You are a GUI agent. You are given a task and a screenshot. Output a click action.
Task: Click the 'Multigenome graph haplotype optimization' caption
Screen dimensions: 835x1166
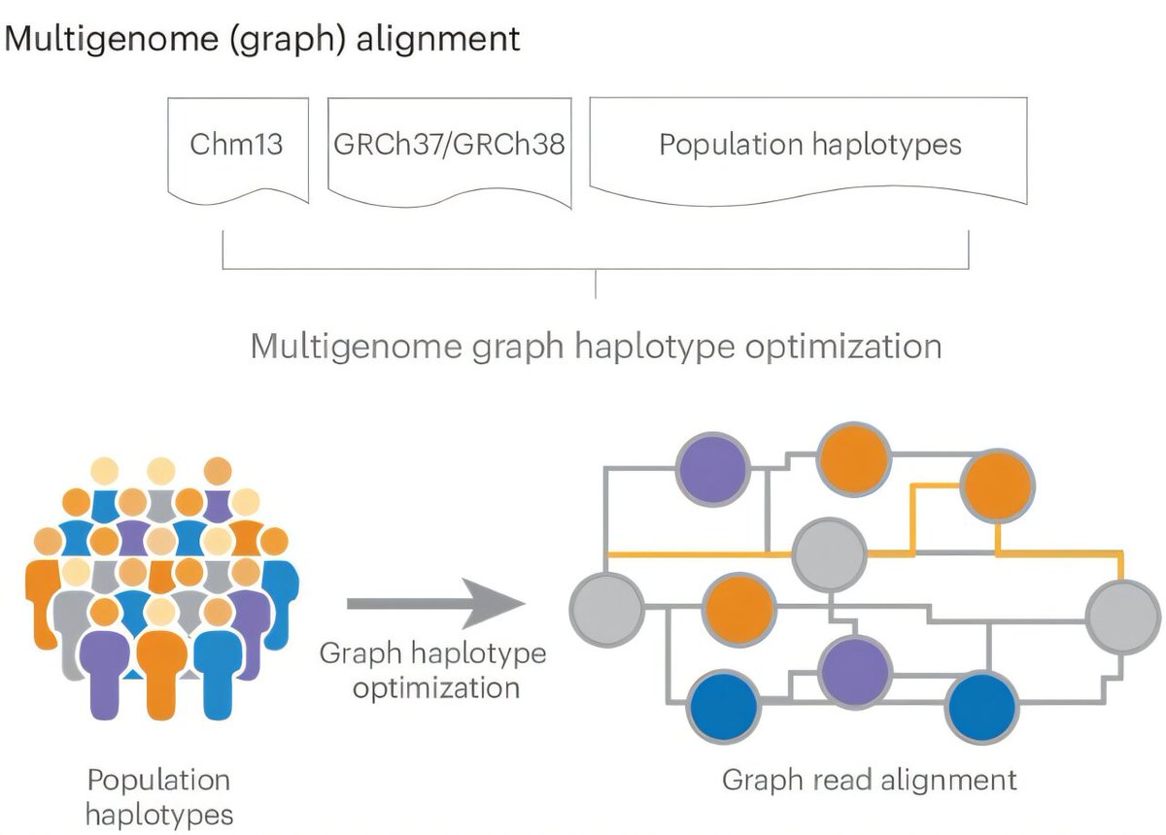tap(596, 347)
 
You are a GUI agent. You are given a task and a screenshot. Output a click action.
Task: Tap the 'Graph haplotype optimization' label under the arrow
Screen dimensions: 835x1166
tap(433, 670)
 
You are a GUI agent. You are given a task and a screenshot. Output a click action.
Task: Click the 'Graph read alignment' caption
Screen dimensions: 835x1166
tap(870, 780)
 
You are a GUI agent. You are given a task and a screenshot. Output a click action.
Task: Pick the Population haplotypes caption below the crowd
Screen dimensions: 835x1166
tap(159, 796)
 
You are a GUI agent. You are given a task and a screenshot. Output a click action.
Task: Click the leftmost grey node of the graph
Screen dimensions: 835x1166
tap(607, 610)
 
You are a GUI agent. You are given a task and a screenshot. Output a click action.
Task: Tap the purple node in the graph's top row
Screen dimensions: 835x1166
tap(712, 468)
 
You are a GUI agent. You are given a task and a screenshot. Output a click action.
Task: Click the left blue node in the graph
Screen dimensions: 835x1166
tap(723, 707)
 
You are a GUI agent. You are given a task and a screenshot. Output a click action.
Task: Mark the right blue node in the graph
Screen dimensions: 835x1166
tap(981, 707)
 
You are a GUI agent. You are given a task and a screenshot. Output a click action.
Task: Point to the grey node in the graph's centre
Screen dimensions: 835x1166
tap(829, 554)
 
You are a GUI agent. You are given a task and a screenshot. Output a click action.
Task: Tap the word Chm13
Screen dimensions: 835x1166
tap(237, 145)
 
